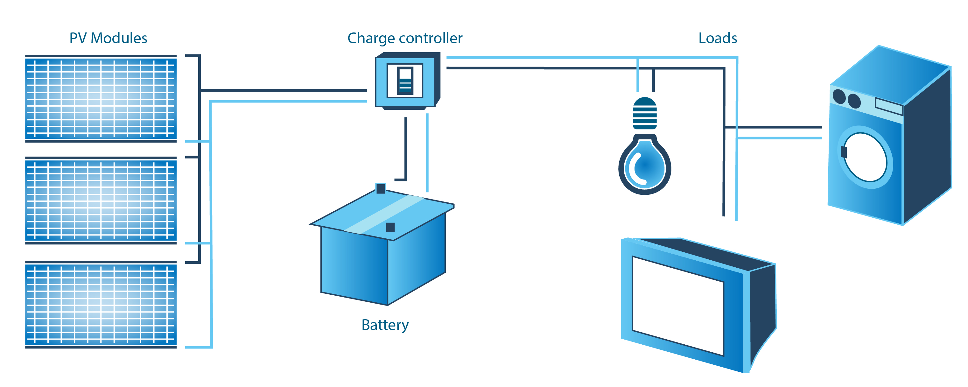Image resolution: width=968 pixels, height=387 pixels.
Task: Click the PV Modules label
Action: pos(108,38)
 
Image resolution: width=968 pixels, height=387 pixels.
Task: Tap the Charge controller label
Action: pos(405,38)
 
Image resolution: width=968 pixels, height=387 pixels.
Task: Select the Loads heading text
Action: pos(718,38)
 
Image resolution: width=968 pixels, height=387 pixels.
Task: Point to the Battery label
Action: pos(385,325)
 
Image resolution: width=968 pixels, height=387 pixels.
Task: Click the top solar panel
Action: pos(101,98)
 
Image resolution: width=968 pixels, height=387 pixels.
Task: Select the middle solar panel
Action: pos(101,201)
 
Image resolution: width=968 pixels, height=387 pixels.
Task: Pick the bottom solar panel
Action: pos(101,305)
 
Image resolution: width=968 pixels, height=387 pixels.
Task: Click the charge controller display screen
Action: pos(405,81)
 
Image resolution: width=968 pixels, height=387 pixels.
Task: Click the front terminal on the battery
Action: pos(390,227)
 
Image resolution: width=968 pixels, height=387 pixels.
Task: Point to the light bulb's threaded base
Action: pos(645,113)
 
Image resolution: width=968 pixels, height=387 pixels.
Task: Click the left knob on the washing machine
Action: pos(839,96)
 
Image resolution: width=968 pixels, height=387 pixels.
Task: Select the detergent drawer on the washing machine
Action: pos(889,106)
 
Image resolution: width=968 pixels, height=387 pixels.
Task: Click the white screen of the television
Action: pos(678,306)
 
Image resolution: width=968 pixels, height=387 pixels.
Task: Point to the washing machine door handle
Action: pos(844,152)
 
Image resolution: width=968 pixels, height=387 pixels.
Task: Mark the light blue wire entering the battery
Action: pos(427,152)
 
